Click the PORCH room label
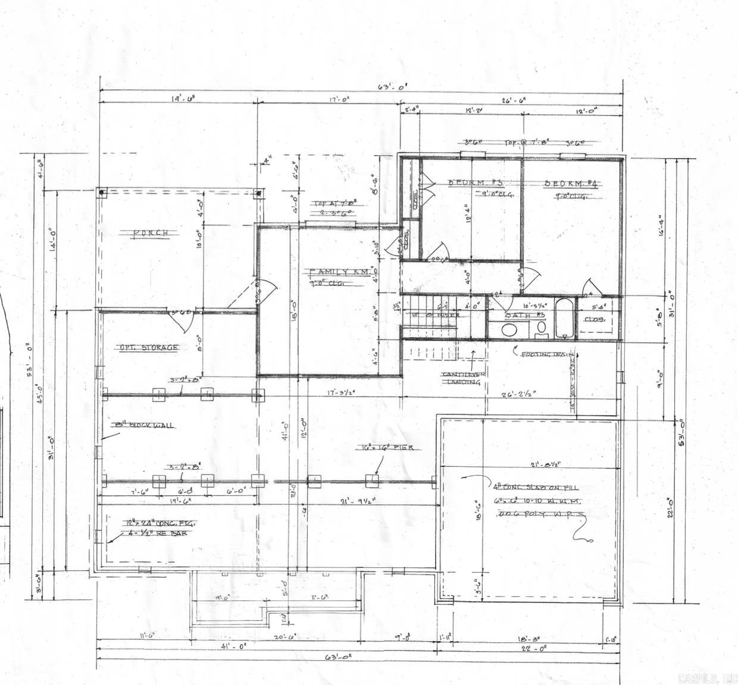150,233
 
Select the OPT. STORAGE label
149,347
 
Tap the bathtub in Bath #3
564,318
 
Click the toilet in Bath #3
541,329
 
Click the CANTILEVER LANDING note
464,378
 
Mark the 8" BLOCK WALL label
144,425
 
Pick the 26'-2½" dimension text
518,392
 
